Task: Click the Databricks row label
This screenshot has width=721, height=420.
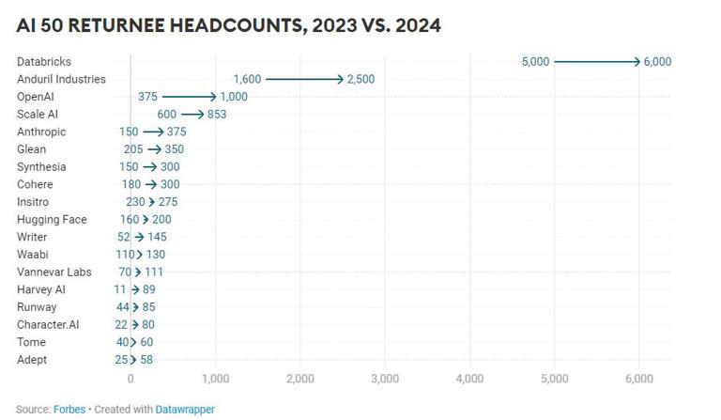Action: tap(44, 61)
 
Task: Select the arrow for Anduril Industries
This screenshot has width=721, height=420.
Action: tap(305, 79)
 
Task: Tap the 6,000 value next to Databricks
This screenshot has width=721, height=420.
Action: tap(657, 61)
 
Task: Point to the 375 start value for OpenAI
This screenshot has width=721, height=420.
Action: tap(147, 97)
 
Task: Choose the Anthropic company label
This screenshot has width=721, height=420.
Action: tap(41, 132)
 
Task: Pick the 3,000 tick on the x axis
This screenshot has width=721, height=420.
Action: tap(385, 378)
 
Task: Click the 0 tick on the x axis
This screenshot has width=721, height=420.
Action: tap(130, 378)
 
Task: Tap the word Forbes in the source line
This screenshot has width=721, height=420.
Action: tap(69, 410)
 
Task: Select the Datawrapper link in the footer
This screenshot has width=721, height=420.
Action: tap(184, 410)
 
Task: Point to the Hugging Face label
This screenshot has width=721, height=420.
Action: tap(52, 220)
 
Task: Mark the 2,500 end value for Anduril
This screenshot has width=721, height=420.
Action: tap(360, 79)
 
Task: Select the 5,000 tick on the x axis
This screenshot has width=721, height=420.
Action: tap(554, 378)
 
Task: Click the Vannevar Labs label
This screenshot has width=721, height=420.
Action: tap(53, 272)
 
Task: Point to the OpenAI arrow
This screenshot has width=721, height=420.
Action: tap(190, 97)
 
